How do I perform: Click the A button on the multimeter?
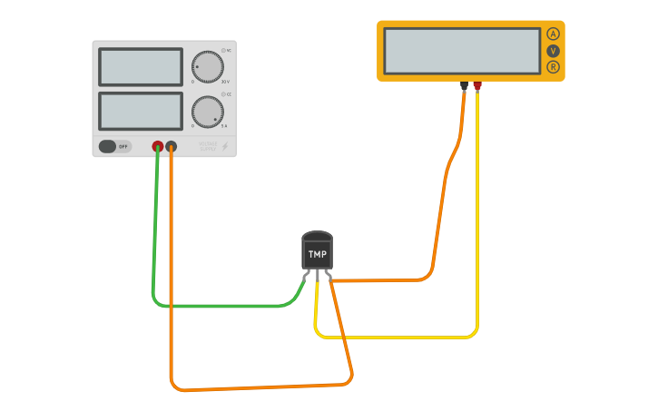click(553, 34)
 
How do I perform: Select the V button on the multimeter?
click(553, 51)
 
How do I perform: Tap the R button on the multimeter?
click(553, 67)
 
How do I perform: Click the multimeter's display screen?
click(462, 51)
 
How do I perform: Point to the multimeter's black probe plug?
click(465, 87)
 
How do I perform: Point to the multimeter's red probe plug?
click(477, 87)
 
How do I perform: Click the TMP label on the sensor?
click(317, 255)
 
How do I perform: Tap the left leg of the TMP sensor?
click(307, 276)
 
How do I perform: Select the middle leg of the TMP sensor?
click(317, 278)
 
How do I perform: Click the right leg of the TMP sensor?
click(328, 276)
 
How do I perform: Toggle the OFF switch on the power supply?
click(114, 146)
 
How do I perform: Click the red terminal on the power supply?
click(158, 146)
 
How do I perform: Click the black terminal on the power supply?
click(172, 146)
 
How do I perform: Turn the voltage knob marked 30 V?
click(207, 66)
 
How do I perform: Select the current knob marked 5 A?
click(207, 112)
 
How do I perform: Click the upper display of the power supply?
click(141, 66)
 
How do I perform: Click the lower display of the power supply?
click(141, 111)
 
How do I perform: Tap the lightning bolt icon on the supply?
click(225, 146)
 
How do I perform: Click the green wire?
click(218, 306)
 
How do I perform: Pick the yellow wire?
click(399, 338)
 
